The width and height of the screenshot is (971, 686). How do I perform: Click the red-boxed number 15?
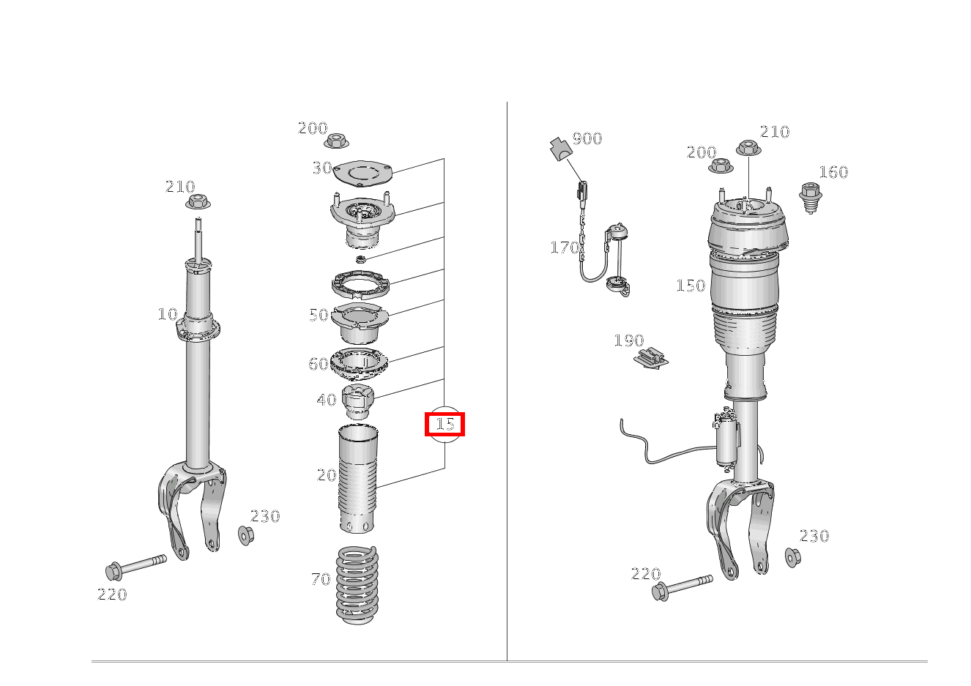pyautogui.click(x=444, y=424)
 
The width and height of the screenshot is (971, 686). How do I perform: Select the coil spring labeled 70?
pyautogui.click(x=357, y=584)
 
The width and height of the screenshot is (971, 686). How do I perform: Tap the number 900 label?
pyautogui.click(x=587, y=138)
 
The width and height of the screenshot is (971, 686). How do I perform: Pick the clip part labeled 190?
pyautogui.click(x=650, y=359)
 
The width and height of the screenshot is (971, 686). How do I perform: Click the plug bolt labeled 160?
pyautogui.click(x=810, y=197)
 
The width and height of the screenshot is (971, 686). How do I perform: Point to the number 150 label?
pyautogui.click(x=691, y=286)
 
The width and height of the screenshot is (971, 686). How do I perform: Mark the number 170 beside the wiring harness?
pyautogui.click(x=565, y=247)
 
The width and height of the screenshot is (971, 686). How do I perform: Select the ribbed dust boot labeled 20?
pyautogui.click(x=357, y=479)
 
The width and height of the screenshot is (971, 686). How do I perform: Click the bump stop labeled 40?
pyautogui.click(x=357, y=402)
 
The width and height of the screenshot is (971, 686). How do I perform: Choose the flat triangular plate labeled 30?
pyautogui.click(x=362, y=174)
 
